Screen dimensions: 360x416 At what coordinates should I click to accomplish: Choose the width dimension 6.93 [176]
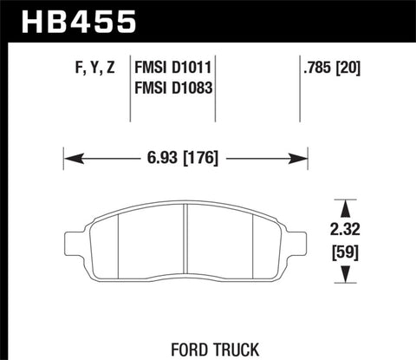pos(184,158)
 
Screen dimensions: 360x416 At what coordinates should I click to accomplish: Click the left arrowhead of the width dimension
pos(69,158)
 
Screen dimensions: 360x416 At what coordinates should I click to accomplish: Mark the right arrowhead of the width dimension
pos(303,158)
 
